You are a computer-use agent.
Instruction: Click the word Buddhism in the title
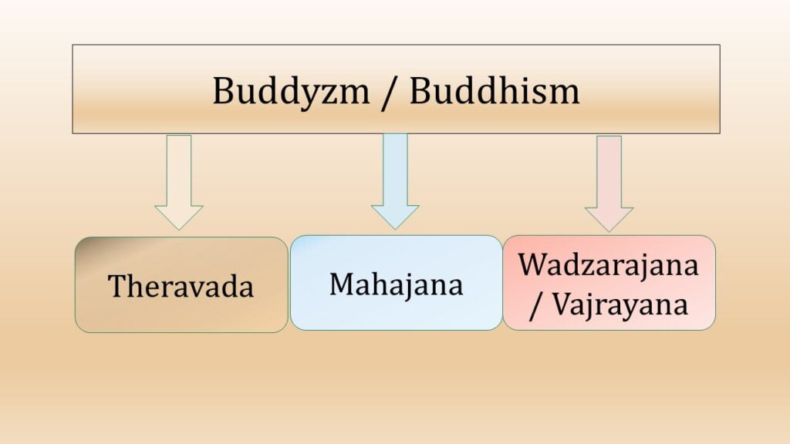coord(495,91)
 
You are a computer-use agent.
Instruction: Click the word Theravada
coord(181,287)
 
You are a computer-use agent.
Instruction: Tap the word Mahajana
coord(397,284)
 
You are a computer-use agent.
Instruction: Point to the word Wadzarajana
coord(609,264)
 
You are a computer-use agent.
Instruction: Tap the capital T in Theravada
coord(116,286)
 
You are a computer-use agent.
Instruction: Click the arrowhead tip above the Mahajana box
coord(395,227)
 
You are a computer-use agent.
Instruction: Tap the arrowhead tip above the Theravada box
coord(179,228)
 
